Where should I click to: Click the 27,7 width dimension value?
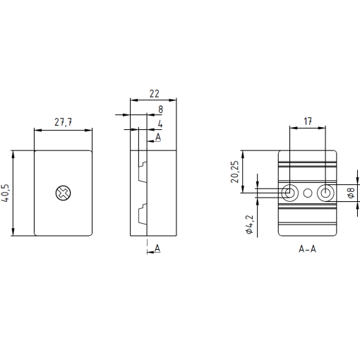click(64, 123)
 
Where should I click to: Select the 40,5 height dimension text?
click(6, 193)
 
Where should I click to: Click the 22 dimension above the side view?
click(153, 93)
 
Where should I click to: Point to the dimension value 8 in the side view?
click(160, 109)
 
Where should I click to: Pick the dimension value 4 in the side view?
click(160, 124)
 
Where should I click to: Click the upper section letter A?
click(158, 136)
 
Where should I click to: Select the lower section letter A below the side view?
click(157, 248)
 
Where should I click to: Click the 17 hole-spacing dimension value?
click(308, 121)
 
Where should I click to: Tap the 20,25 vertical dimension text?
click(235, 171)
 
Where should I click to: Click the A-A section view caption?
click(307, 250)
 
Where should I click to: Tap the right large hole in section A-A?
click(325, 193)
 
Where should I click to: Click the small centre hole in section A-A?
click(308, 193)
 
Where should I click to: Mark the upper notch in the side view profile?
click(142, 172)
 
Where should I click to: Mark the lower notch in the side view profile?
click(142, 211)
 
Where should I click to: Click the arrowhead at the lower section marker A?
click(149, 251)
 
